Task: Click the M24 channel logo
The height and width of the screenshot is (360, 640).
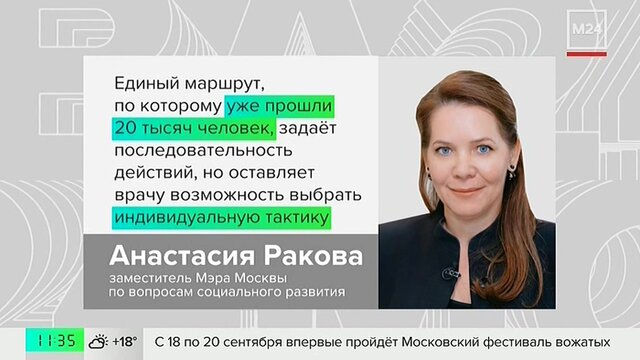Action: pyautogui.click(x=587, y=29)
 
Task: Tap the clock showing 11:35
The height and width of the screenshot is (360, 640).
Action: pyautogui.click(x=55, y=340)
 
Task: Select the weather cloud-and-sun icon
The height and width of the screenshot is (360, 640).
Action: pyautogui.click(x=98, y=341)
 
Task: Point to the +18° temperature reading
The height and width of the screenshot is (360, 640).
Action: pyautogui.click(x=124, y=341)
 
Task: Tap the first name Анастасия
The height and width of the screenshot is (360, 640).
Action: pyautogui.click(x=182, y=256)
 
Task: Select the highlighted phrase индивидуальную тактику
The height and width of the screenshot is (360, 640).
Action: pyautogui.click(x=222, y=217)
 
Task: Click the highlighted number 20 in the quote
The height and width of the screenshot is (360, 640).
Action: pyautogui.click(x=124, y=128)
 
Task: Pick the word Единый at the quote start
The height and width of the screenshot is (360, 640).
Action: pyautogui.click(x=147, y=83)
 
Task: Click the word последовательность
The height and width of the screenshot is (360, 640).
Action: pyautogui.click(x=203, y=150)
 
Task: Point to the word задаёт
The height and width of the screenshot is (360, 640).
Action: pyautogui.click(x=307, y=127)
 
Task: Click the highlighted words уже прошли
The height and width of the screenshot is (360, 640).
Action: pyautogui.click(x=279, y=106)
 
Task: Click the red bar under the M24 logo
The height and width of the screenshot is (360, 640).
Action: pyautogui.click(x=587, y=54)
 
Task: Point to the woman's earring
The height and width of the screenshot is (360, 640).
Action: pyautogui.click(x=511, y=170)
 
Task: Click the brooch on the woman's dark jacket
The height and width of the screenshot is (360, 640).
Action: pyautogui.click(x=449, y=273)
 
